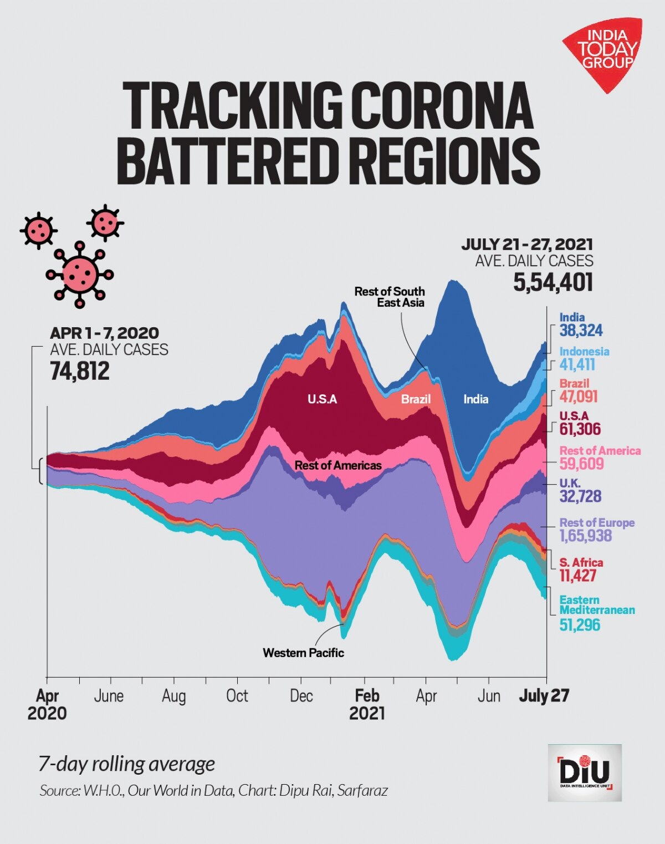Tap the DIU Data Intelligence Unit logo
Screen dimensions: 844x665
coord(585,772)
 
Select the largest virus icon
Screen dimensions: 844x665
coord(80,274)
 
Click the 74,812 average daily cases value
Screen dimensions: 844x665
coord(80,371)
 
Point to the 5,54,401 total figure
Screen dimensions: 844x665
coord(553,282)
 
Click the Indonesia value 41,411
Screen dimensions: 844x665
coord(577,364)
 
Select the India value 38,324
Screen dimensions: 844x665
coord(581,331)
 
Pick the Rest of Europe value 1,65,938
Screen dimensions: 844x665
coord(586,536)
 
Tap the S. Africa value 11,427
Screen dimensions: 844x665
coord(577,575)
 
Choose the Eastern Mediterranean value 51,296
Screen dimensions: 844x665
coord(580,625)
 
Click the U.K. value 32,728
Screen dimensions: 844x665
coord(580,496)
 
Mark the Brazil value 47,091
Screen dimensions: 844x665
coord(579,396)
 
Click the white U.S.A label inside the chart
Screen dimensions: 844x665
coord(322,399)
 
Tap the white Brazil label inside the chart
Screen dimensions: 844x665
coord(416,399)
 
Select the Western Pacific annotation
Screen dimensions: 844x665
coord(303,653)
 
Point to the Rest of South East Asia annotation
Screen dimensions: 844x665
coord(390,297)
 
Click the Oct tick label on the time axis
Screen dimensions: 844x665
coord(237,696)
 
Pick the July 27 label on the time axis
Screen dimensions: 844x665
coord(544,696)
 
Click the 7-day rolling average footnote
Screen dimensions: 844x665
coord(126,764)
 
